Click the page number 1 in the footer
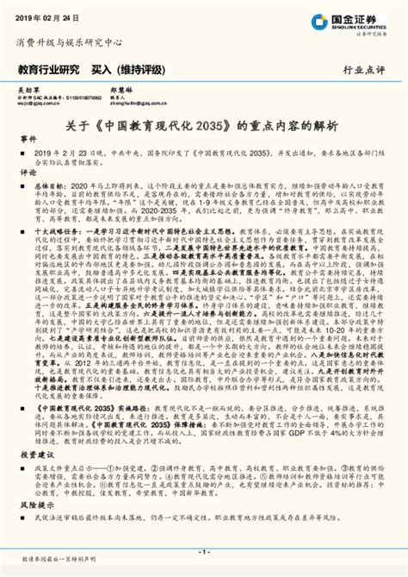[x=204, y=550]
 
